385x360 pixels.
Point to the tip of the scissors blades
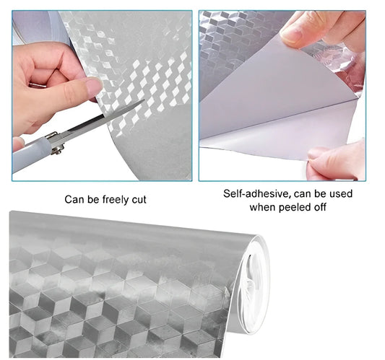click(144, 100)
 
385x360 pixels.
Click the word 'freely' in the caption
click(116, 200)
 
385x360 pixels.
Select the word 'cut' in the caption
click(139, 200)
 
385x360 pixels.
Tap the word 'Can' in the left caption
click(72, 200)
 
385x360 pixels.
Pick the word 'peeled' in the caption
click(294, 208)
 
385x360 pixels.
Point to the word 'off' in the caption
click(319, 207)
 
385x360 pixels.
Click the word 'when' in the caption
click(263, 208)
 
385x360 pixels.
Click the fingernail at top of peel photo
click(291, 35)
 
